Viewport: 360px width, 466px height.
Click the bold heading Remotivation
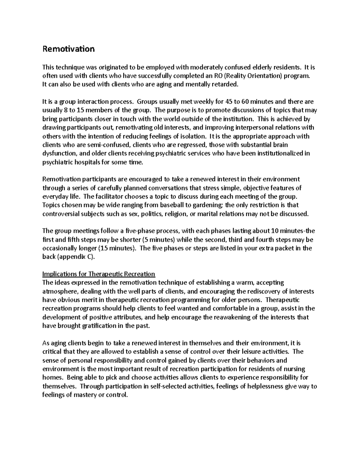pyautogui.click(x=68, y=49)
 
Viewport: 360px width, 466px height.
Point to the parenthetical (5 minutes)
pyautogui.click(x=158, y=240)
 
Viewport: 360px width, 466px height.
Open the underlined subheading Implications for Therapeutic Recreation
pyautogui.click(x=99, y=274)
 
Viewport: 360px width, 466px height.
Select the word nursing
pyautogui.click(x=294, y=369)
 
